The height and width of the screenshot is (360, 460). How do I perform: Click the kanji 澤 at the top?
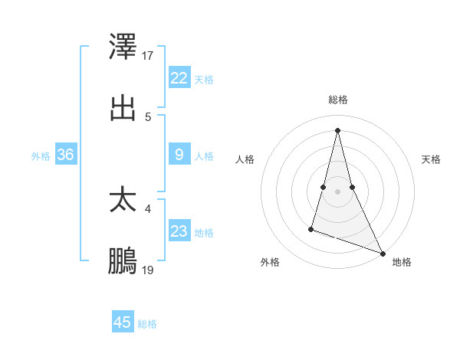click(123, 47)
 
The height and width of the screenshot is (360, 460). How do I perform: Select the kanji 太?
click(123, 201)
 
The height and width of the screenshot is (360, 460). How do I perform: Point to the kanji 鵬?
click(123, 262)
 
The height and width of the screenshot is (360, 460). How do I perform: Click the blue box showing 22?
click(179, 78)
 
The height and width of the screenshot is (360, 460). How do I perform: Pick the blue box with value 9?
click(179, 155)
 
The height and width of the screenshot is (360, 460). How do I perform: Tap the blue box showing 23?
click(179, 231)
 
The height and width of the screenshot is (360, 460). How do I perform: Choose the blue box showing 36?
click(66, 155)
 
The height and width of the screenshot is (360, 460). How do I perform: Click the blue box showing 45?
click(123, 322)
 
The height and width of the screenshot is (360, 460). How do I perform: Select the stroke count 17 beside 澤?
click(148, 55)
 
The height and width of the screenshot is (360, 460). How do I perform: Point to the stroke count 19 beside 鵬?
click(148, 270)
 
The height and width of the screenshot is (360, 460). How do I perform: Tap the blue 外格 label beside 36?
click(41, 156)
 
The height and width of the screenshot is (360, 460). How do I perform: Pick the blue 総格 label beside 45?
click(147, 324)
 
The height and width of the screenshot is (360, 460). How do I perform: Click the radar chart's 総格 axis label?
click(338, 100)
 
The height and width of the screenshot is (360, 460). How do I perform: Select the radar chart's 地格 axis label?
click(402, 262)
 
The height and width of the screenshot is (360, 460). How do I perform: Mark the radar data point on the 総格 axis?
click(337, 129)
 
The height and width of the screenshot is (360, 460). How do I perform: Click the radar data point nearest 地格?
click(383, 253)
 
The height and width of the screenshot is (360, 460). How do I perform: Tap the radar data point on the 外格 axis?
click(311, 228)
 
